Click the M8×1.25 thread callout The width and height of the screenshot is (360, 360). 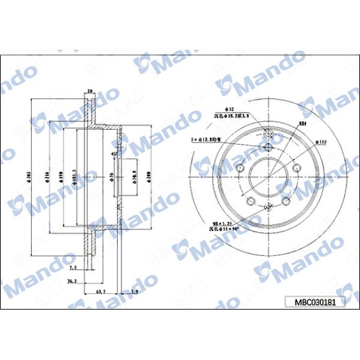click(218, 222)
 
